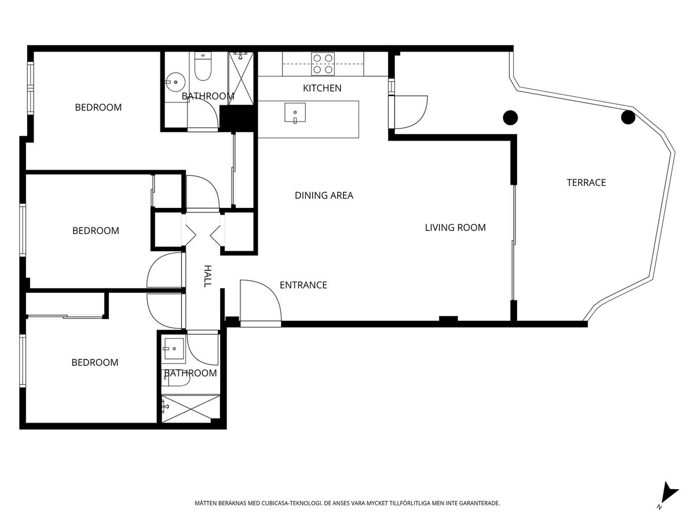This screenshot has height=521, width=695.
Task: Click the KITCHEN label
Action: pyautogui.click(x=322, y=88)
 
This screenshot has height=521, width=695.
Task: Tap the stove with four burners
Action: pyautogui.click(x=323, y=64)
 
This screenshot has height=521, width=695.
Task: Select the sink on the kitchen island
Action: pyautogui.click(x=295, y=112)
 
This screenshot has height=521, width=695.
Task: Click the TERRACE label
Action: pyautogui.click(x=586, y=182)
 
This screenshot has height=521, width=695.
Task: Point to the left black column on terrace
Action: pyautogui.click(x=510, y=118)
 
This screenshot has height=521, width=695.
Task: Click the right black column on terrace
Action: pyautogui.click(x=628, y=118)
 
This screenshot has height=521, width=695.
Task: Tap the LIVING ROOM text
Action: pyautogui.click(x=455, y=228)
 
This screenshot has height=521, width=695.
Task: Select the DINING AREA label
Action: pyautogui.click(x=324, y=196)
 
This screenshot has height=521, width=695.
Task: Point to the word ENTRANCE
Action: pyautogui.click(x=303, y=285)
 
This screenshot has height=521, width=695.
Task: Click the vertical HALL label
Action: pyautogui.click(x=207, y=276)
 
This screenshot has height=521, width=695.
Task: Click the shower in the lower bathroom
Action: pyautogui.click(x=191, y=409)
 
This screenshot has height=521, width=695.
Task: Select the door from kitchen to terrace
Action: pyautogui.click(x=410, y=112)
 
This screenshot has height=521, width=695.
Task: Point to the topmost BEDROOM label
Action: pyautogui.click(x=98, y=107)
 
